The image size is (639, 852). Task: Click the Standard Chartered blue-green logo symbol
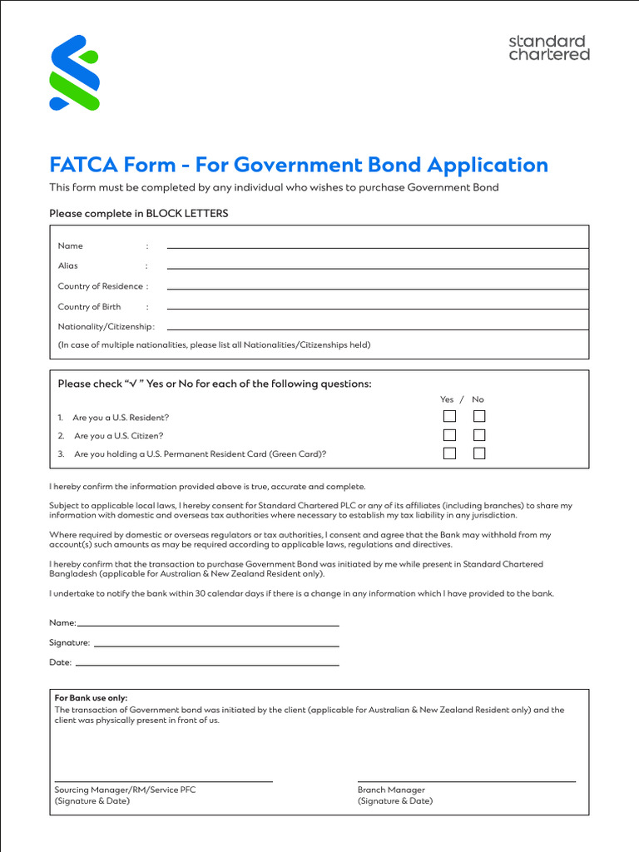(x=75, y=72)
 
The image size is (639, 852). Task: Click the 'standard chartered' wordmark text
(x=548, y=47)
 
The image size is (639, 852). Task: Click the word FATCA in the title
(x=83, y=165)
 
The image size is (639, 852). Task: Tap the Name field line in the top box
(x=377, y=247)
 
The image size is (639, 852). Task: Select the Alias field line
(x=377, y=267)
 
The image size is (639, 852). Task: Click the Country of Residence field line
(x=377, y=288)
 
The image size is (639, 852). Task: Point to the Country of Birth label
(x=89, y=307)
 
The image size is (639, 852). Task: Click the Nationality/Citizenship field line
(x=377, y=329)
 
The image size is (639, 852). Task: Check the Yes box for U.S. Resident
(x=449, y=417)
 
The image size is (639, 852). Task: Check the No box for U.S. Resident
(x=479, y=417)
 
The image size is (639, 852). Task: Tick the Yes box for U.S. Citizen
(x=449, y=435)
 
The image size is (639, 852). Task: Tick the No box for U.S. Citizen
(x=479, y=435)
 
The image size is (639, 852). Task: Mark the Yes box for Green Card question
(x=449, y=453)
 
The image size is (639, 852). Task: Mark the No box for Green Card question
(x=479, y=453)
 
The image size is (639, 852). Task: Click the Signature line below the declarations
(x=216, y=645)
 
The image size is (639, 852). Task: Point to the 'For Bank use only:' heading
(x=92, y=698)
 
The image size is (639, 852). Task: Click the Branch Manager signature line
(x=466, y=780)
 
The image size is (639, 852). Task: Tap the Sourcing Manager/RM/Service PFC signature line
(x=163, y=780)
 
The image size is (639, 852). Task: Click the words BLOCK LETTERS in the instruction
(x=187, y=214)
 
